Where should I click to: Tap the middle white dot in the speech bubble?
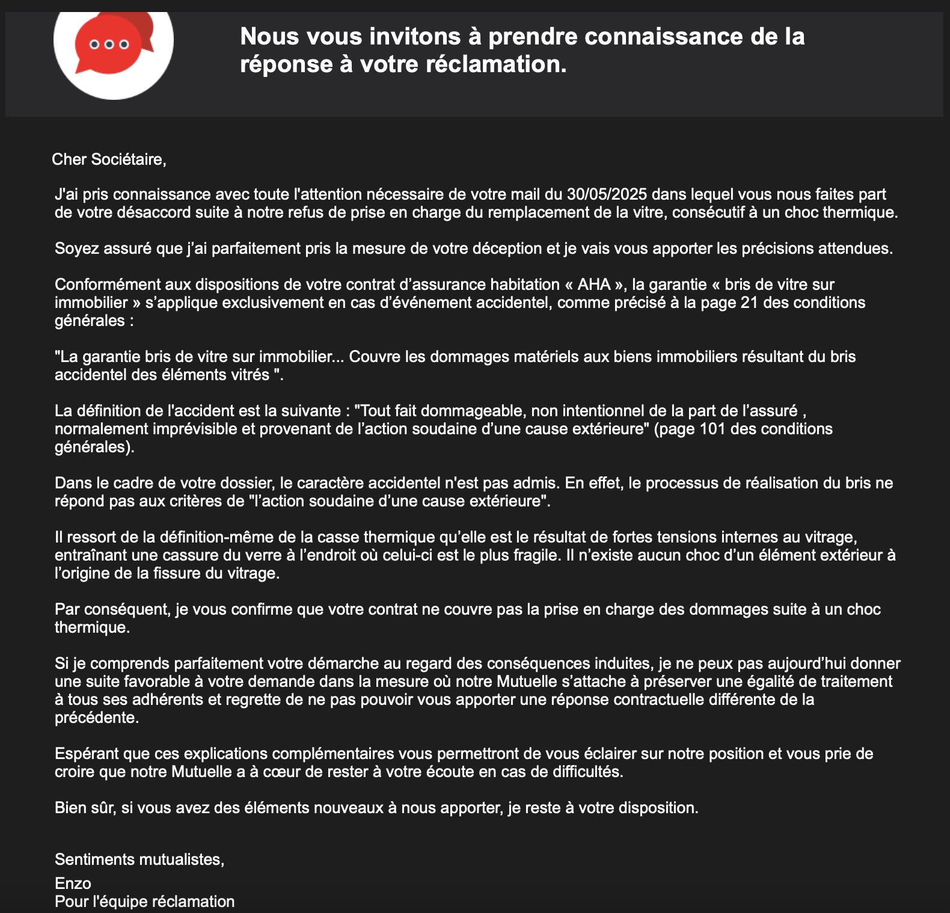point(109,45)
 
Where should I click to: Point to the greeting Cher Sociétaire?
point(108,159)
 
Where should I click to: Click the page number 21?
point(749,303)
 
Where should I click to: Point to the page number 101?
point(713,429)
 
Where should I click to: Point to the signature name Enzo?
point(73,884)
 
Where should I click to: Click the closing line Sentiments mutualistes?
point(139,859)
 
